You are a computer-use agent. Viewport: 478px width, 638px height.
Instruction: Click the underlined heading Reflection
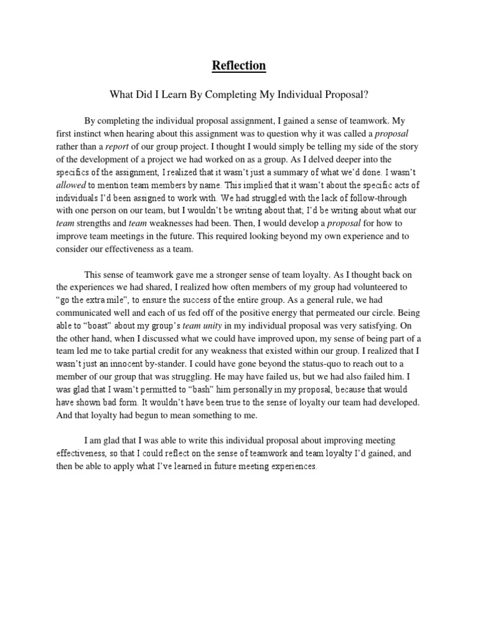[239, 65]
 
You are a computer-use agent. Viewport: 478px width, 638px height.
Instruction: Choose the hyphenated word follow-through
[319, 212]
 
